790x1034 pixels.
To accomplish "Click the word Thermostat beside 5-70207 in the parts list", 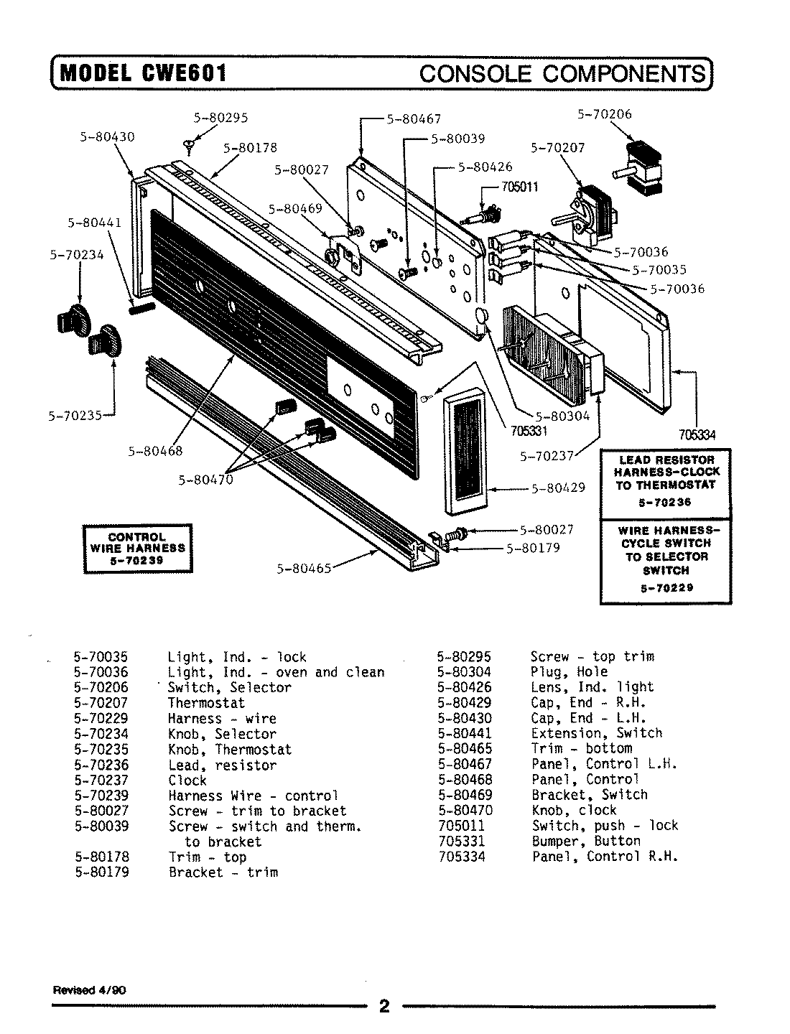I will click(x=206, y=703).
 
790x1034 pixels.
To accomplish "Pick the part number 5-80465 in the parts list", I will click(x=464, y=748).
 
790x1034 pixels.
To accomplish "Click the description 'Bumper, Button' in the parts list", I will click(x=586, y=841).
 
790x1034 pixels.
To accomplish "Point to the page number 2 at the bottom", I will click(x=384, y=1006).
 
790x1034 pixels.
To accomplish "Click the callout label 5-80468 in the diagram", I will click(x=155, y=451).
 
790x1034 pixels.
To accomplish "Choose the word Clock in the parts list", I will click(x=187, y=780).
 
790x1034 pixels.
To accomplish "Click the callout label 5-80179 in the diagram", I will click(x=533, y=548).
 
